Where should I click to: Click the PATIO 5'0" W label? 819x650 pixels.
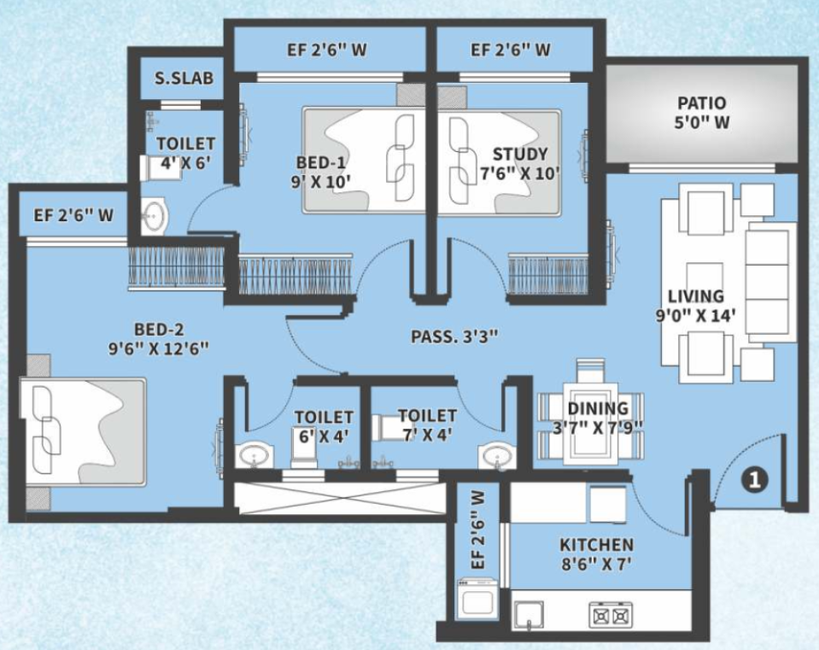pos(701,113)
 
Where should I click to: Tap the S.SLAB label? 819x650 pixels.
pos(184,78)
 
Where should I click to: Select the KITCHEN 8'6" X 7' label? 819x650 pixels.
pos(596,554)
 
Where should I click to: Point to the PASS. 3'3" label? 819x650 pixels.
pos(454,337)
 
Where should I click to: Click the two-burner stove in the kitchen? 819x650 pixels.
pos(611,615)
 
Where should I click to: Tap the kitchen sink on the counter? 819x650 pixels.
pos(529,614)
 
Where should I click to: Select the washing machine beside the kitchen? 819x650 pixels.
pos(477,598)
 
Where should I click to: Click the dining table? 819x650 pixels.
pos(591,424)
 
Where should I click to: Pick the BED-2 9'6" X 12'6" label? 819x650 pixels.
pos(159,339)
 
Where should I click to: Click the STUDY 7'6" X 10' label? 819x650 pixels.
pos(520,163)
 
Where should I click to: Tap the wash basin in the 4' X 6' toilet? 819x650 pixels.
pos(154,214)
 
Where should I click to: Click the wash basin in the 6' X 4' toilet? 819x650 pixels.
pos(254,455)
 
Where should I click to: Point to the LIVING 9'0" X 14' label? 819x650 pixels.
pos(696,306)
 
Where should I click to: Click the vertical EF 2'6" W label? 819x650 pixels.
pos(478,530)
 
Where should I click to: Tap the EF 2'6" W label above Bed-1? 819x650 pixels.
pos(327,50)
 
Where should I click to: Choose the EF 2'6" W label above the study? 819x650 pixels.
pos(511,50)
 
